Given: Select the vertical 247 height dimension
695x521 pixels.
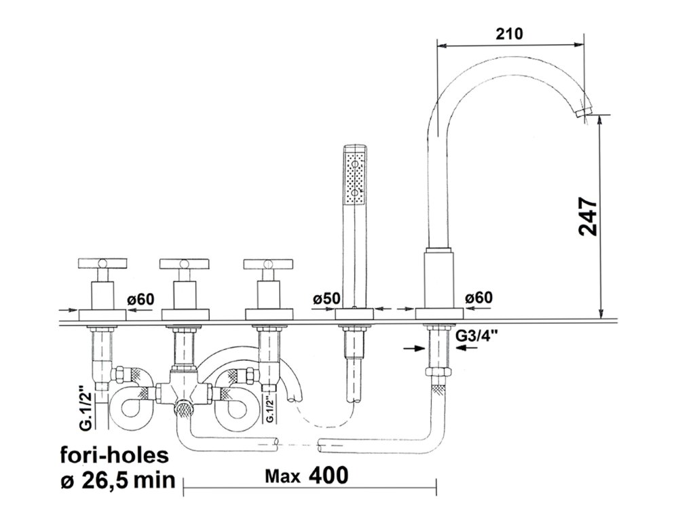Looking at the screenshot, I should pyautogui.click(x=588, y=216).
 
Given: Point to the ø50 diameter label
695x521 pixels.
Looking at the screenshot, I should pyautogui.click(x=326, y=298).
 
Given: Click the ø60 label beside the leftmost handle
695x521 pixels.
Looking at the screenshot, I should pyautogui.click(x=140, y=298).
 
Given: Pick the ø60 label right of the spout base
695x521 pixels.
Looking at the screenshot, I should pyautogui.click(x=479, y=298).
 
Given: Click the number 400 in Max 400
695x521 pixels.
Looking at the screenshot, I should pyautogui.click(x=329, y=475).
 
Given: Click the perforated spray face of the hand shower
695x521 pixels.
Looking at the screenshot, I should pyautogui.click(x=355, y=178).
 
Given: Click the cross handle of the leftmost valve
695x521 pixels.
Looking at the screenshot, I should pyautogui.click(x=103, y=263).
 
